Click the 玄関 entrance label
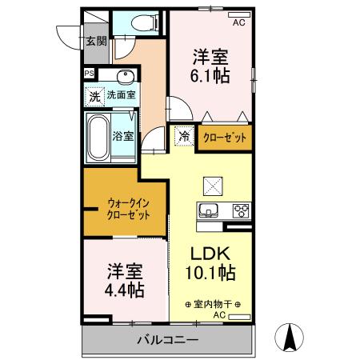97,41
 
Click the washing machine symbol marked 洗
95,95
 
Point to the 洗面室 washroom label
121,95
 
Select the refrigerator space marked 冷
184,137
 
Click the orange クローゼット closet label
224,138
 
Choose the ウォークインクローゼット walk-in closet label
127,210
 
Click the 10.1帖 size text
211,272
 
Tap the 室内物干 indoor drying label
213,305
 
